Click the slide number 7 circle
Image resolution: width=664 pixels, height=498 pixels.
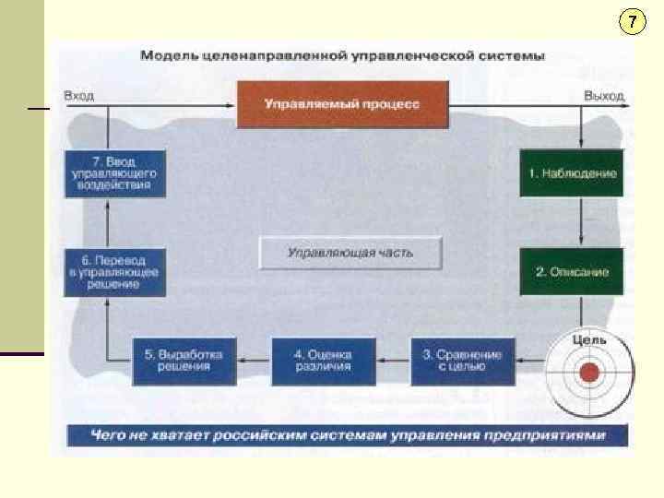[x=632, y=22]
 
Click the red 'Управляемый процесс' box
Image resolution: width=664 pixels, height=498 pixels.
[x=342, y=104]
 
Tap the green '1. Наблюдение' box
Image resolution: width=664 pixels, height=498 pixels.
[x=572, y=172]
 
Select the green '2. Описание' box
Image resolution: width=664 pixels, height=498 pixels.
[x=572, y=271]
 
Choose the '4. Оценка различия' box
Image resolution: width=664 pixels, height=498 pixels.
[x=323, y=361]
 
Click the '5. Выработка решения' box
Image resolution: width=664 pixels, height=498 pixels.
[x=184, y=361]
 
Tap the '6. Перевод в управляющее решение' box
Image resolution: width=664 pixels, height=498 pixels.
[x=114, y=272]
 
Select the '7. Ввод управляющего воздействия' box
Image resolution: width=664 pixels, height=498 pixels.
[x=114, y=172]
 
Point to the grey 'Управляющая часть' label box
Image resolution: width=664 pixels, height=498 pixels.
[x=350, y=252]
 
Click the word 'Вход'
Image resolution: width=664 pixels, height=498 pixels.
[x=77, y=95]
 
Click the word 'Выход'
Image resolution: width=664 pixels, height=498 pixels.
[x=604, y=95]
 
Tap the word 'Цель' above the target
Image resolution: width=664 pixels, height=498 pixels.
[x=589, y=339]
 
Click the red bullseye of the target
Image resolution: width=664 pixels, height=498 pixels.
[x=589, y=373]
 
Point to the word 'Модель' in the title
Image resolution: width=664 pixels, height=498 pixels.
[x=165, y=55]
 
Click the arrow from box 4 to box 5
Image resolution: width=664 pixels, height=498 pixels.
[x=253, y=361]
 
